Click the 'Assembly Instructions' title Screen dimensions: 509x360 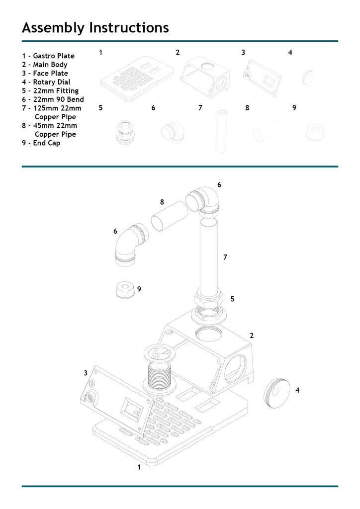95,28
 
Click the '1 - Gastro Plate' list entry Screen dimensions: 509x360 48,56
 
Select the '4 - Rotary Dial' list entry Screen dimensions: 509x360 46,82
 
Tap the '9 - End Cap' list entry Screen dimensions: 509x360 41,143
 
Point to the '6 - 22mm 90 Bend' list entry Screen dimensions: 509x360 53,99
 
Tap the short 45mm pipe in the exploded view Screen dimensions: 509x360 169,216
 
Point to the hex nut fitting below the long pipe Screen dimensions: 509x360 210,301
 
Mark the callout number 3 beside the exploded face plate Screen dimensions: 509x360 86,373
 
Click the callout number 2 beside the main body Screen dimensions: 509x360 252,336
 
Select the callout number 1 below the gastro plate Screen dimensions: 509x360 139,467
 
